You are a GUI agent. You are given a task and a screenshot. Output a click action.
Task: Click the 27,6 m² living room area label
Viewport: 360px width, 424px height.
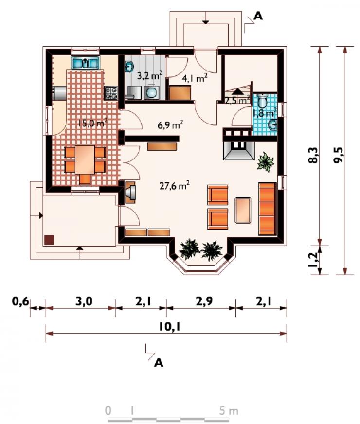pos(175,186)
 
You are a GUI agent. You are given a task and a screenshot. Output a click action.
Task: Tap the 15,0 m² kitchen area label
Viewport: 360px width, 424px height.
pos(92,123)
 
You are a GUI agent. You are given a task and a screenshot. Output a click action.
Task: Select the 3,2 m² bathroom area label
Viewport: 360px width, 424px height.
pos(149,75)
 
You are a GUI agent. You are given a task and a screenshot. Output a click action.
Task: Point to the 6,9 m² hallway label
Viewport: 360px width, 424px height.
pos(170,124)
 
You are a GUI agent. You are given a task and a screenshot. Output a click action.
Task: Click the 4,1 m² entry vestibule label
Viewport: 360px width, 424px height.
pos(195,78)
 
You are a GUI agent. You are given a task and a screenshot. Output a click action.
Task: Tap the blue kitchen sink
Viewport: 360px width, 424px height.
pos(85,63)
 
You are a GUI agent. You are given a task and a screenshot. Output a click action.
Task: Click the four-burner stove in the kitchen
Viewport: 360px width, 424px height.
pos(111,93)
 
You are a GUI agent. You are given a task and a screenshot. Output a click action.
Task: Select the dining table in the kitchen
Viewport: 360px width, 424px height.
pos(85,159)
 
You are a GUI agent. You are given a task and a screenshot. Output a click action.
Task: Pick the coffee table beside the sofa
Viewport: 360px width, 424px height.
pos(243,210)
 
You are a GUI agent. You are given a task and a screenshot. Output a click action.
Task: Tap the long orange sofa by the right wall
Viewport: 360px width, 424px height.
pos(268,209)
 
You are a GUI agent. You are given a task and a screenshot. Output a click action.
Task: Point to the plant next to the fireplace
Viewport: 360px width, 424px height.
pos(265,161)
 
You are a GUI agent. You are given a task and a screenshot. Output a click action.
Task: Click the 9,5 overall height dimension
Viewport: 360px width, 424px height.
pos(338,155)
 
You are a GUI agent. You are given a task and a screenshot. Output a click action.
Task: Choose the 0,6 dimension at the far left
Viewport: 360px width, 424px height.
pos(20,301)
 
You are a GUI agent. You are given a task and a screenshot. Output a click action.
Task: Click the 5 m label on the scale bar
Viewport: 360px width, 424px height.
pos(229,411)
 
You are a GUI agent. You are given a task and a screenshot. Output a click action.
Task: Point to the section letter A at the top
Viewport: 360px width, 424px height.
pos(258,16)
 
